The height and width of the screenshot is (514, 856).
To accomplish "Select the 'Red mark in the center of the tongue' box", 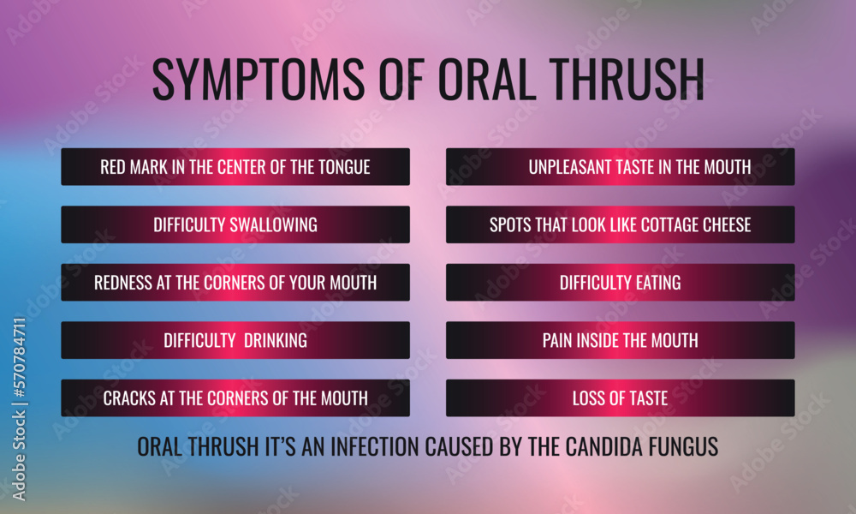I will tap(235, 167).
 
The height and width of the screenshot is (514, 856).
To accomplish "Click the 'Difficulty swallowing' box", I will tap(235, 224).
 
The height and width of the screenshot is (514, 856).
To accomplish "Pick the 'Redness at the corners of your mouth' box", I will tap(235, 283).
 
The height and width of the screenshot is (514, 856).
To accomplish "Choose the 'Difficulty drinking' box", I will tap(235, 340).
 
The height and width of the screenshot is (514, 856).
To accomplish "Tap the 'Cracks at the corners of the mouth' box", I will tap(235, 398).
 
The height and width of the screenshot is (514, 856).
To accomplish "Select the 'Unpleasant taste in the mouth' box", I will tap(621, 167).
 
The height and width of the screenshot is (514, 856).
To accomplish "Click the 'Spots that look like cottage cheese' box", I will tap(621, 224).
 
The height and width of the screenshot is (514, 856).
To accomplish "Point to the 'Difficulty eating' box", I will tap(621, 283).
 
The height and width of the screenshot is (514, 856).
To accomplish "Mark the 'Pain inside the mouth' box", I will tap(621, 340).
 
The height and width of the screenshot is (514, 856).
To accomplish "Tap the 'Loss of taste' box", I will tap(621, 398).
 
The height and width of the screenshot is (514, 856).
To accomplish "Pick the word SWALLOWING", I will tap(273, 225).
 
